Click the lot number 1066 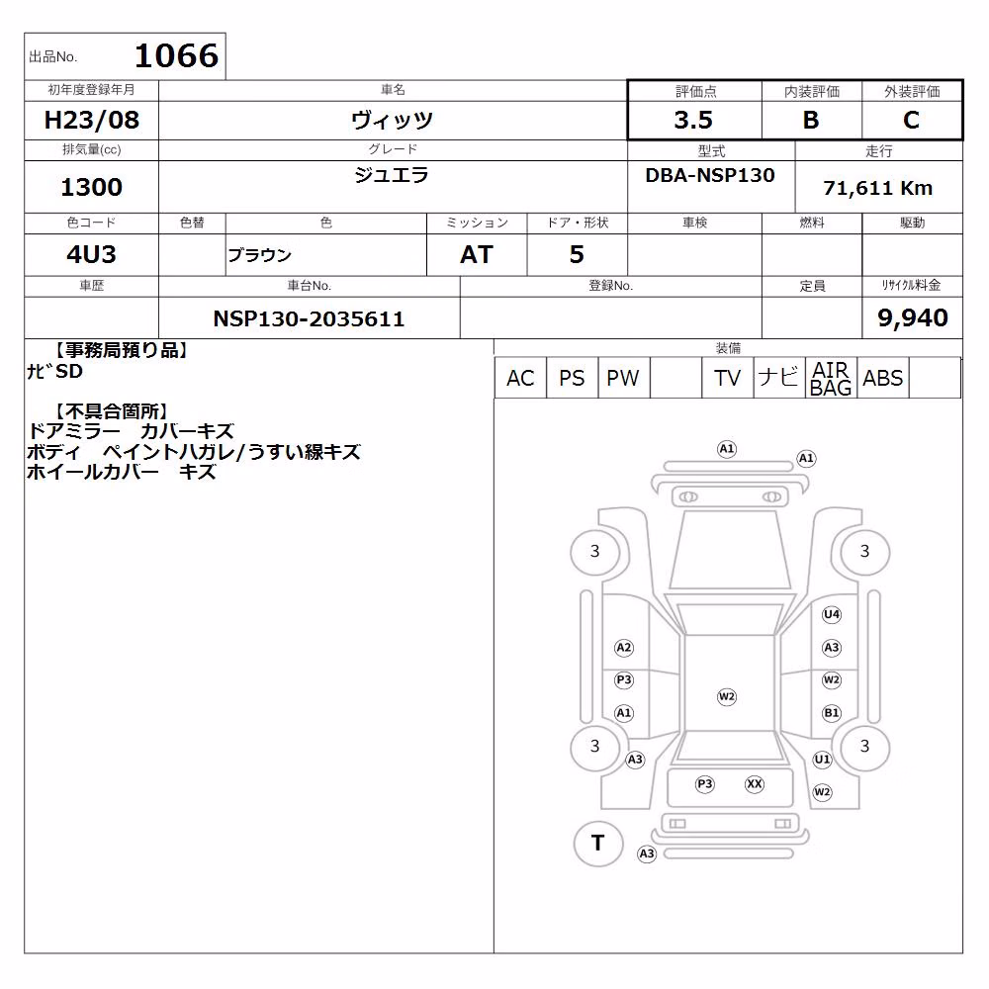click(x=177, y=55)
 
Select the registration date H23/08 click(x=91, y=120)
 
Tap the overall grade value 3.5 click(x=693, y=120)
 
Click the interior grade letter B click(x=811, y=120)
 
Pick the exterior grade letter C click(x=912, y=120)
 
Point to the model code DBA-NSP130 click(x=710, y=175)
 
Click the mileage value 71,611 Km click(x=878, y=188)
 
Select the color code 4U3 click(x=91, y=254)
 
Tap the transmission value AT click(x=477, y=254)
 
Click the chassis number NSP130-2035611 click(x=309, y=318)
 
